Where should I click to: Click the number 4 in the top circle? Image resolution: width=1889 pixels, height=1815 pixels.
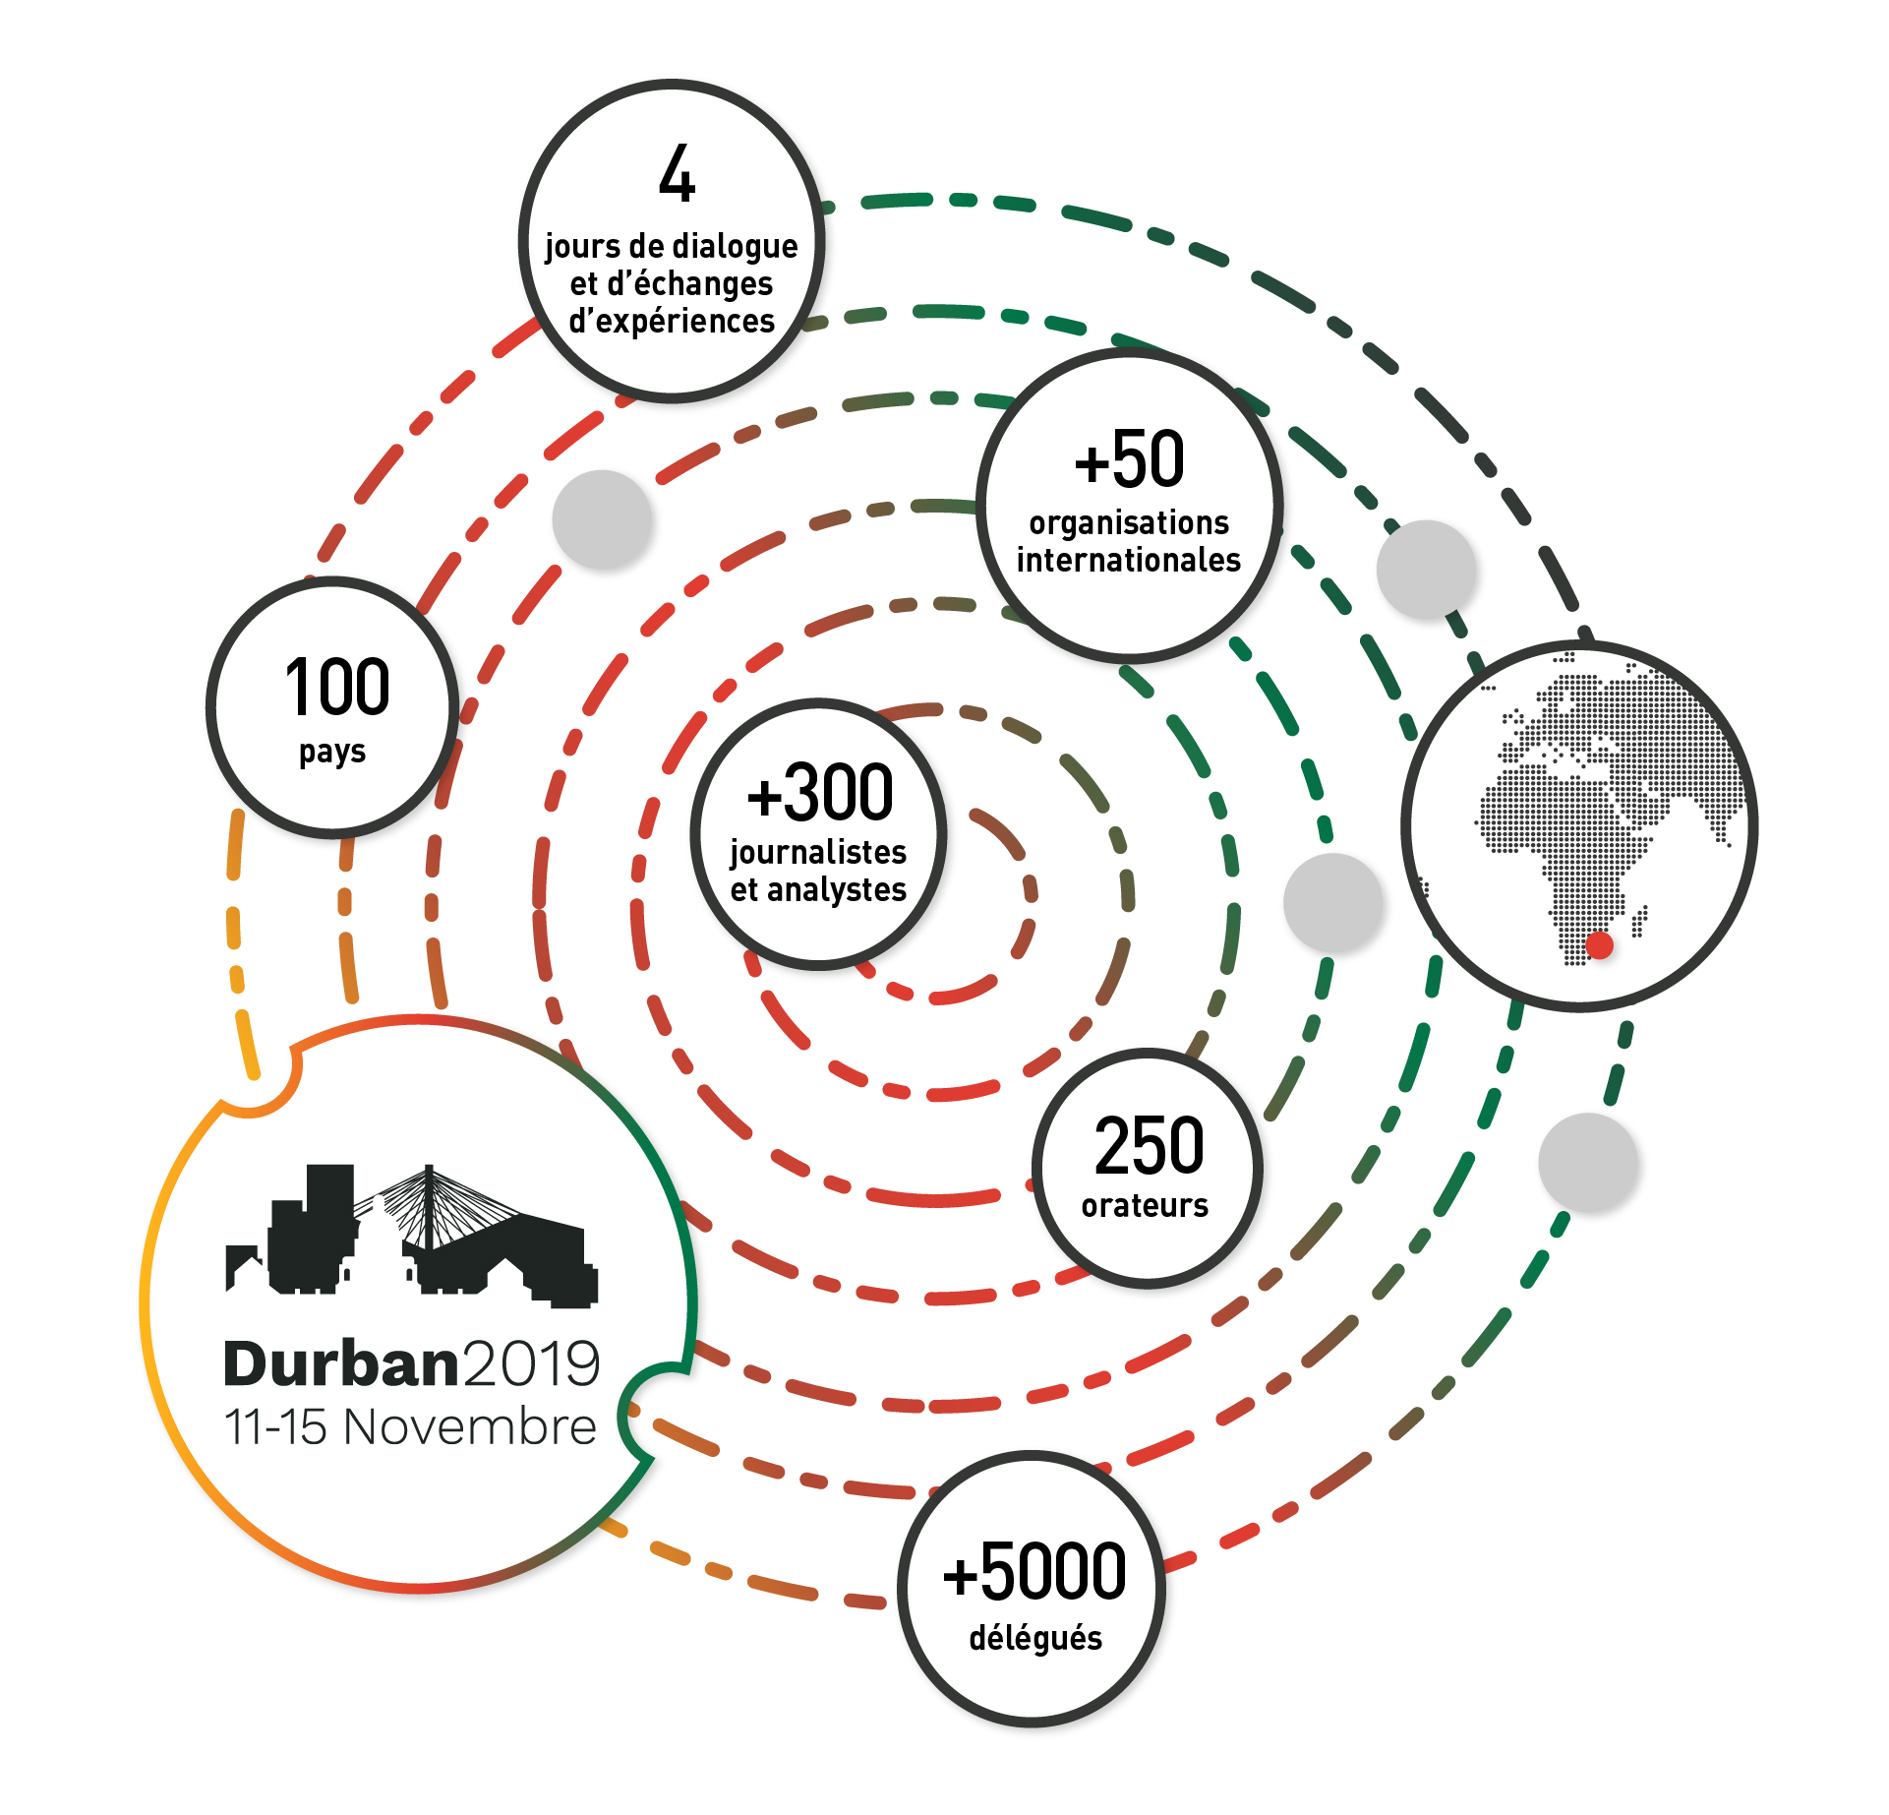[678, 174]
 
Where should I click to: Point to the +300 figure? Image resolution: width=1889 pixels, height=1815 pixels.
[820, 792]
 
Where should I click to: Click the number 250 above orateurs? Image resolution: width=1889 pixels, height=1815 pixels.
[1149, 1146]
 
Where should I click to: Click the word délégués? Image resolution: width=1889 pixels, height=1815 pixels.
[1035, 1638]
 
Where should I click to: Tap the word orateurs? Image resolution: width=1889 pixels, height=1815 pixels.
[1145, 1205]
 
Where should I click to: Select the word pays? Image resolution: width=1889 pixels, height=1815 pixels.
[332, 753]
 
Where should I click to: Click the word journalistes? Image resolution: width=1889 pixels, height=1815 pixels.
[818, 852]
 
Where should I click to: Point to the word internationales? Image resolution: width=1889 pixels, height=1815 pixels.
[1129, 560]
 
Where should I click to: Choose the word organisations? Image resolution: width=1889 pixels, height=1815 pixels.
[1129, 523]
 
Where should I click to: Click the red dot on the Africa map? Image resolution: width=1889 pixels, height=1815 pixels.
[1599, 945]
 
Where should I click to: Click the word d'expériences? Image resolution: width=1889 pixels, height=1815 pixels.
[672, 322]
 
